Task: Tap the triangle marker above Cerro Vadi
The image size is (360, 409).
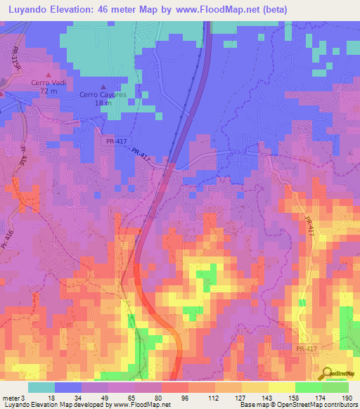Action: (49, 74)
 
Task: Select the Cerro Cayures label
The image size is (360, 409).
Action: (103, 94)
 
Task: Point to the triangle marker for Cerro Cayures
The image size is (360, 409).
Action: (103, 86)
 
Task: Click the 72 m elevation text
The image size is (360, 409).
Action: (48, 91)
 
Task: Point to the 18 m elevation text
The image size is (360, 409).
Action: (103, 103)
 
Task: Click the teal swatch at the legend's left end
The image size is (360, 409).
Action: (41, 387)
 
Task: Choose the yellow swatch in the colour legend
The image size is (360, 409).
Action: (281, 387)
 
